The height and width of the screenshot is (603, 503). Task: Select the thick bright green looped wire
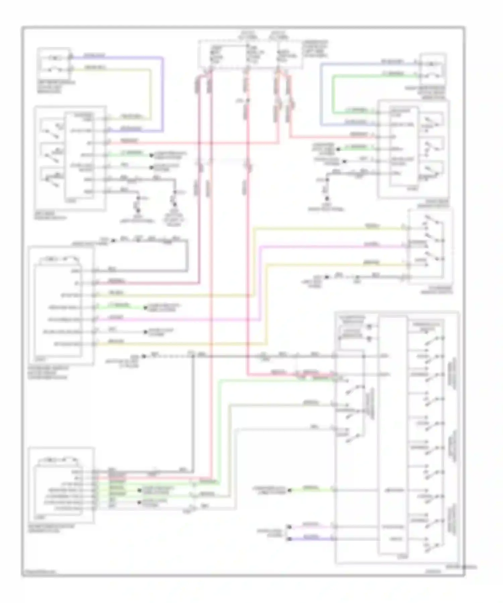pos(333,94)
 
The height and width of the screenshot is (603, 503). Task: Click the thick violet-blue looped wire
pos(163,94)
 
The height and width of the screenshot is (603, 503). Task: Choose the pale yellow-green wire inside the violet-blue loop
pos(150,94)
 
